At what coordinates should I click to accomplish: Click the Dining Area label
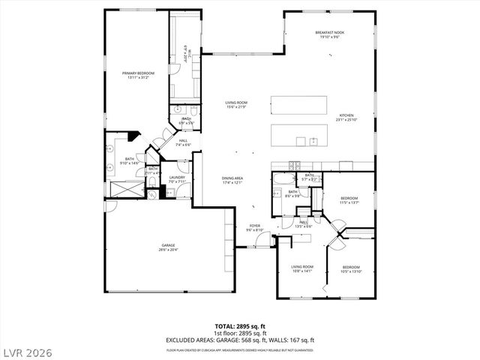(x=232, y=180)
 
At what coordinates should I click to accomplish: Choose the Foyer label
(x=254, y=227)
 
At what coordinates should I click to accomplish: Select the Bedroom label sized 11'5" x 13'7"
(x=349, y=200)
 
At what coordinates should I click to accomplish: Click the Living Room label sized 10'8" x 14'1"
(x=302, y=268)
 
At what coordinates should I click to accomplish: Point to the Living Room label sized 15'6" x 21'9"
(x=236, y=105)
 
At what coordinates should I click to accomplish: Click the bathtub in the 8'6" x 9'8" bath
(x=283, y=180)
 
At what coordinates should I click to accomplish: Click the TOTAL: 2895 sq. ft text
(x=240, y=326)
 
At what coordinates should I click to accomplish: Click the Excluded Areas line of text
(x=240, y=340)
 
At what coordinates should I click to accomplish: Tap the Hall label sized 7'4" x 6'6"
(x=184, y=142)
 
